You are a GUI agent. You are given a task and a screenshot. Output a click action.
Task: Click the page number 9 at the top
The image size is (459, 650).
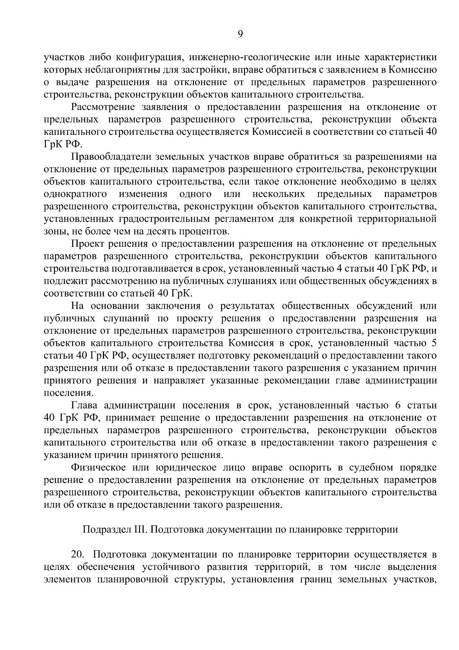pyautogui.click(x=240, y=34)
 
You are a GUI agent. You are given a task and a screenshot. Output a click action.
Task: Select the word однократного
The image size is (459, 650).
pyautogui.click(x=75, y=194)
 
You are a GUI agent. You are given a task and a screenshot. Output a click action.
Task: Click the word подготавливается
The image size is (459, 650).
pyautogui.click(x=154, y=269)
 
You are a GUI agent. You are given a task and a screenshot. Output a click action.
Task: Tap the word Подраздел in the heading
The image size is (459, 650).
pyautogui.click(x=101, y=530)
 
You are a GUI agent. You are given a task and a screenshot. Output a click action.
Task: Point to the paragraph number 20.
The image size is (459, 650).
pyautogui.click(x=77, y=555)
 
